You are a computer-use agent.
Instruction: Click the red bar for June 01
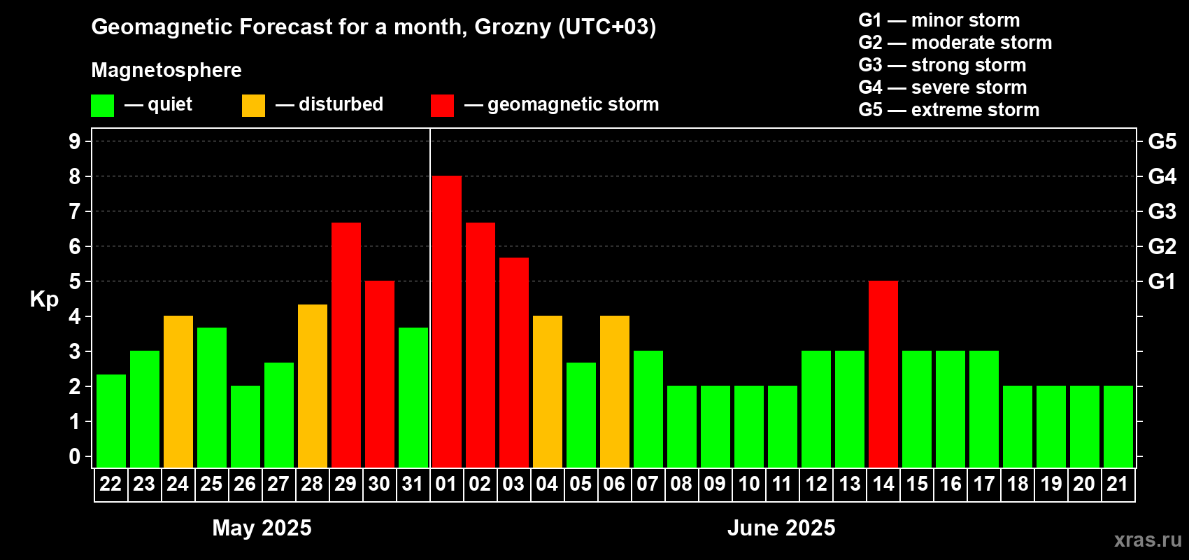pos(446,321)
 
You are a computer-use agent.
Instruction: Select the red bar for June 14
pos(883,374)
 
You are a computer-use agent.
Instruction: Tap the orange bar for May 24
pos(178,391)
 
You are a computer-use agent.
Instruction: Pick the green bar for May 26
pos(245,426)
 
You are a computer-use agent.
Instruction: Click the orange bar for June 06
pos(615,391)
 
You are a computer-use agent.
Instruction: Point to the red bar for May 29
pos(346,345)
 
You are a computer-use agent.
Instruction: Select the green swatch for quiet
pos(102,105)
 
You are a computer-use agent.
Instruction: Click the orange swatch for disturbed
pos(253,105)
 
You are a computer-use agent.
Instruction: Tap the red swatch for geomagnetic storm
pos(442,105)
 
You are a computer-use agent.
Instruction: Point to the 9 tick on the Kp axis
pos(74,141)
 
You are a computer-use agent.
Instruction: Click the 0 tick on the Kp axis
pos(74,456)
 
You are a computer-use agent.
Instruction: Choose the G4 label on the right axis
pos(1162,176)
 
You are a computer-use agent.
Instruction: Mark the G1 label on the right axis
pos(1162,281)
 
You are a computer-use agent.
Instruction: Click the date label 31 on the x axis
pos(413,484)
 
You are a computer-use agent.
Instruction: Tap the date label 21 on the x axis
pos(1118,484)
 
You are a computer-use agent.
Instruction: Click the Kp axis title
pos(44,300)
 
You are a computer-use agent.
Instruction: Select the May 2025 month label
pos(262,528)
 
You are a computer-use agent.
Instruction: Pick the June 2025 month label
pos(781,528)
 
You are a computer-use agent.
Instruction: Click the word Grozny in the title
pos(513,27)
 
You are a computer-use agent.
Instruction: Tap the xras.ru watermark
pos(1148,540)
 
